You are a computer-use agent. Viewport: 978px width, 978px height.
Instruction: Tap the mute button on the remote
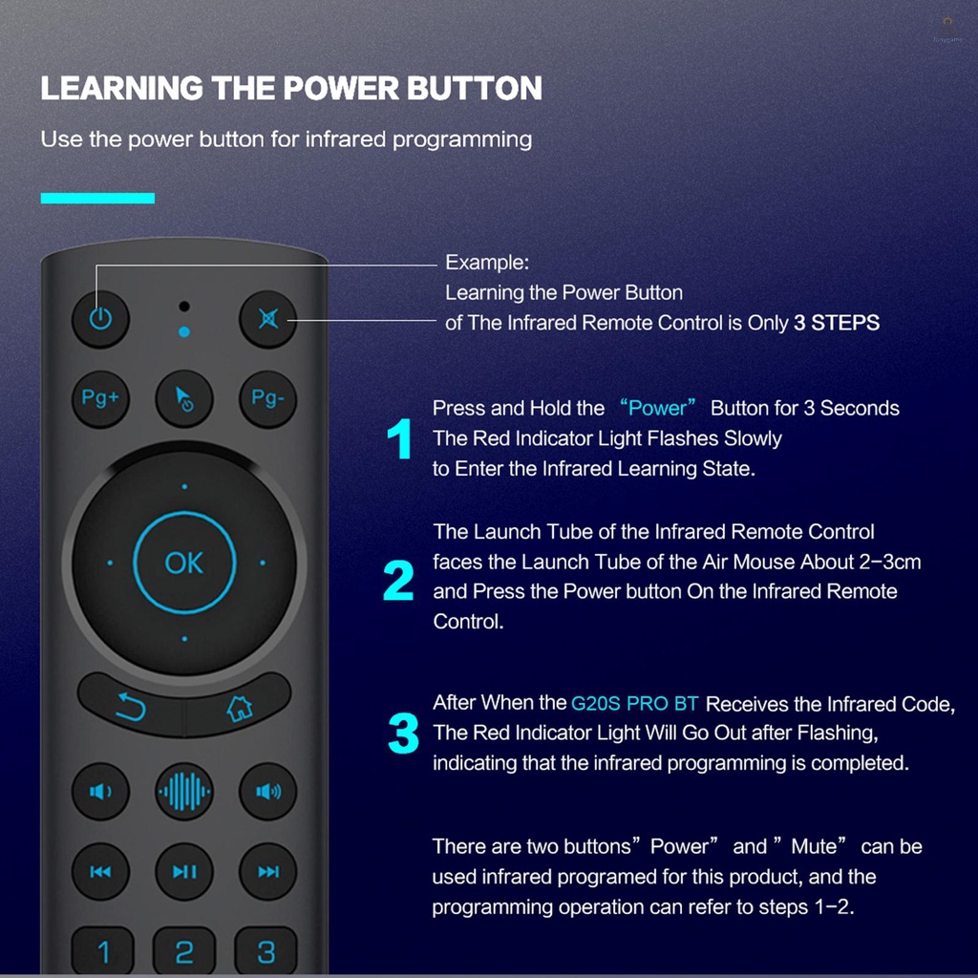coord(268,319)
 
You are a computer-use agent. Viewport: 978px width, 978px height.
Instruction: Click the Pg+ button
coord(100,398)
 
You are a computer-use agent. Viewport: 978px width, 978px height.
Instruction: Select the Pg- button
coord(268,398)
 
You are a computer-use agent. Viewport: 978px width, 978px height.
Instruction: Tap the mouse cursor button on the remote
coord(184,398)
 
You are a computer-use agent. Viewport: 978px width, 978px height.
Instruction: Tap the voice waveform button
coord(184,792)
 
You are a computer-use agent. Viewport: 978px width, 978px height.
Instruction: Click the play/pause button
coord(184,871)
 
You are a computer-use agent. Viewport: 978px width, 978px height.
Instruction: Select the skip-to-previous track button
coord(100,871)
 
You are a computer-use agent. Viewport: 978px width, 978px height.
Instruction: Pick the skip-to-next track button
coord(268,871)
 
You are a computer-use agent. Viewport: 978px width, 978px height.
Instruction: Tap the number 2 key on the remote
coord(184,951)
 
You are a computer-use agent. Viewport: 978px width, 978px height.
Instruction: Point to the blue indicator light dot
coord(184,331)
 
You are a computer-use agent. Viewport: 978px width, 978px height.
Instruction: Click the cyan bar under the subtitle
coord(97,199)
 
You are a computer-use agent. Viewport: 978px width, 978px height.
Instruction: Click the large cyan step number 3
coord(403,733)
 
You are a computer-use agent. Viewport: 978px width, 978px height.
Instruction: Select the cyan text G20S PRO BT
coord(634,704)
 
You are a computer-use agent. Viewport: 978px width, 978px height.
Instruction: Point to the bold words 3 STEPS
coord(837,323)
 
